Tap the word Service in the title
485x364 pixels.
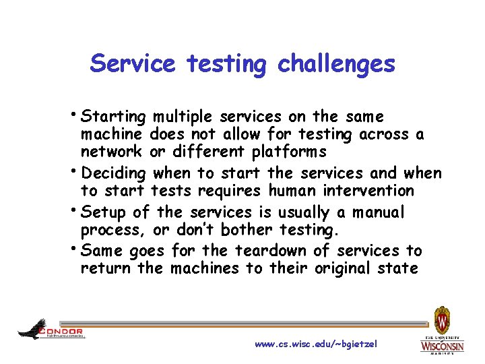(x=133, y=64)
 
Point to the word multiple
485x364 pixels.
(x=183, y=117)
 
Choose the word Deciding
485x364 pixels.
(x=113, y=173)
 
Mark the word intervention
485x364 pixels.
(x=366, y=191)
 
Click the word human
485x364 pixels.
(x=290, y=191)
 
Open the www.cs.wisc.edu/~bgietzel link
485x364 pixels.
(x=316, y=344)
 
